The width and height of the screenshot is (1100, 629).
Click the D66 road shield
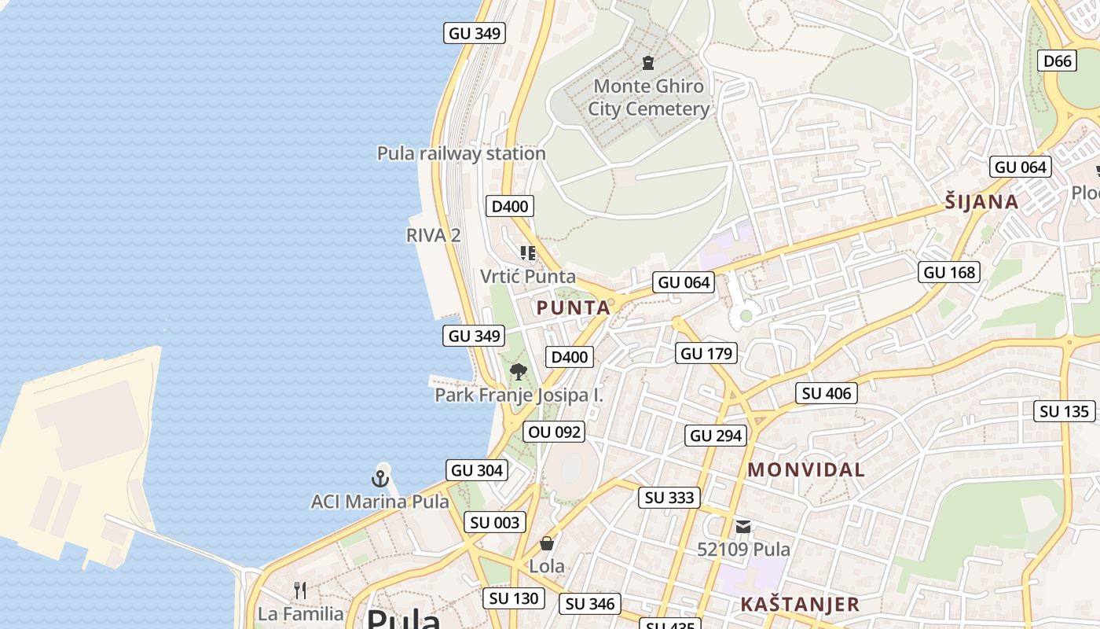(x=1057, y=61)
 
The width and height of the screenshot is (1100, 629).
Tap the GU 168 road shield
(x=949, y=272)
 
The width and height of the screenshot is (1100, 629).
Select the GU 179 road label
(x=706, y=354)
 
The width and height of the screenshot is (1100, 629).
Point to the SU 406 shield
(x=827, y=393)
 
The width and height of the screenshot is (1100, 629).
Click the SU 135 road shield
(x=1064, y=411)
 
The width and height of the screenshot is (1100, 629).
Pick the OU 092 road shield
(x=555, y=432)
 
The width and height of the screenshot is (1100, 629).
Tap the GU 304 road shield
(x=477, y=470)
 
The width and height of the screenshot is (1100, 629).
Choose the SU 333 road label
(x=669, y=497)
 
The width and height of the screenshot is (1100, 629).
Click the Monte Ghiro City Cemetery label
(x=648, y=97)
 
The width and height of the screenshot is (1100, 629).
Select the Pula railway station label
(x=461, y=153)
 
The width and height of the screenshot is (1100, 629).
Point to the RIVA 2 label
(x=433, y=235)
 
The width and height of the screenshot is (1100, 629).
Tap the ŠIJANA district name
(x=981, y=202)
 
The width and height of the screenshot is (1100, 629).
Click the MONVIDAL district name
(x=805, y=470)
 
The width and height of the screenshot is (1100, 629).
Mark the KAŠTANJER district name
(x=800, y=604)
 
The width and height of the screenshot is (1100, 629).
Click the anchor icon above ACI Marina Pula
(x=380, y=477)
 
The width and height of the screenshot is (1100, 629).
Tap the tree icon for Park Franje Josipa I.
(x=518, y=372)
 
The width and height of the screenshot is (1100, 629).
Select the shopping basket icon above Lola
(x=547, y=543)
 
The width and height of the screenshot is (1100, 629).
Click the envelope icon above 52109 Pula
(x=743, y=527)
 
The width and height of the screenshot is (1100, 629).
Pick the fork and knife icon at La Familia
(x=300, y=590)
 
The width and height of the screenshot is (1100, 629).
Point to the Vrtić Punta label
(x=528, y=277)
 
